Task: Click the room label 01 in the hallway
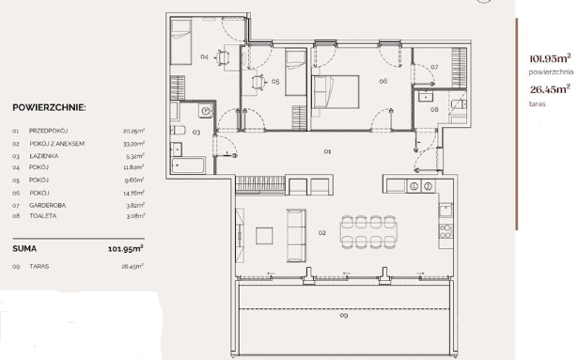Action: coord(327,151)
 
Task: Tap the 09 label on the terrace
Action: coord(343,315)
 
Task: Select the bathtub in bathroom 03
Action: coord(188,165)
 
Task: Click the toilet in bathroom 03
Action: coord(178,130)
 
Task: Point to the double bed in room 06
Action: coord(336,91)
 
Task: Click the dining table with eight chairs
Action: coord(368,232)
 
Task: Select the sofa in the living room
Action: coord(296,236)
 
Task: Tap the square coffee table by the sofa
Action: coord(264,236)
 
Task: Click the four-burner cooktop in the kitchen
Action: coord(446,231)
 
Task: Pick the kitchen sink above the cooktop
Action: coord(446,210)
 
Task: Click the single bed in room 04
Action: coord(180,42)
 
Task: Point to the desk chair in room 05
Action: coord(258,82)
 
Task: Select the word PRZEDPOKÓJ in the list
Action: coord(48,131)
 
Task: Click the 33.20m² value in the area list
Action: coord(133,143)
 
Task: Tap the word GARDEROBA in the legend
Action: coord(48,205)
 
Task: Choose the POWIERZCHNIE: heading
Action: coord(49,107)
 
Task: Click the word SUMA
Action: coord(24,248)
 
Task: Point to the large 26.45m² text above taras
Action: coord(550,89)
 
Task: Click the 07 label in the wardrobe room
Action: coord(434,67)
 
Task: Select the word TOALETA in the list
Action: coord(43,216)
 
